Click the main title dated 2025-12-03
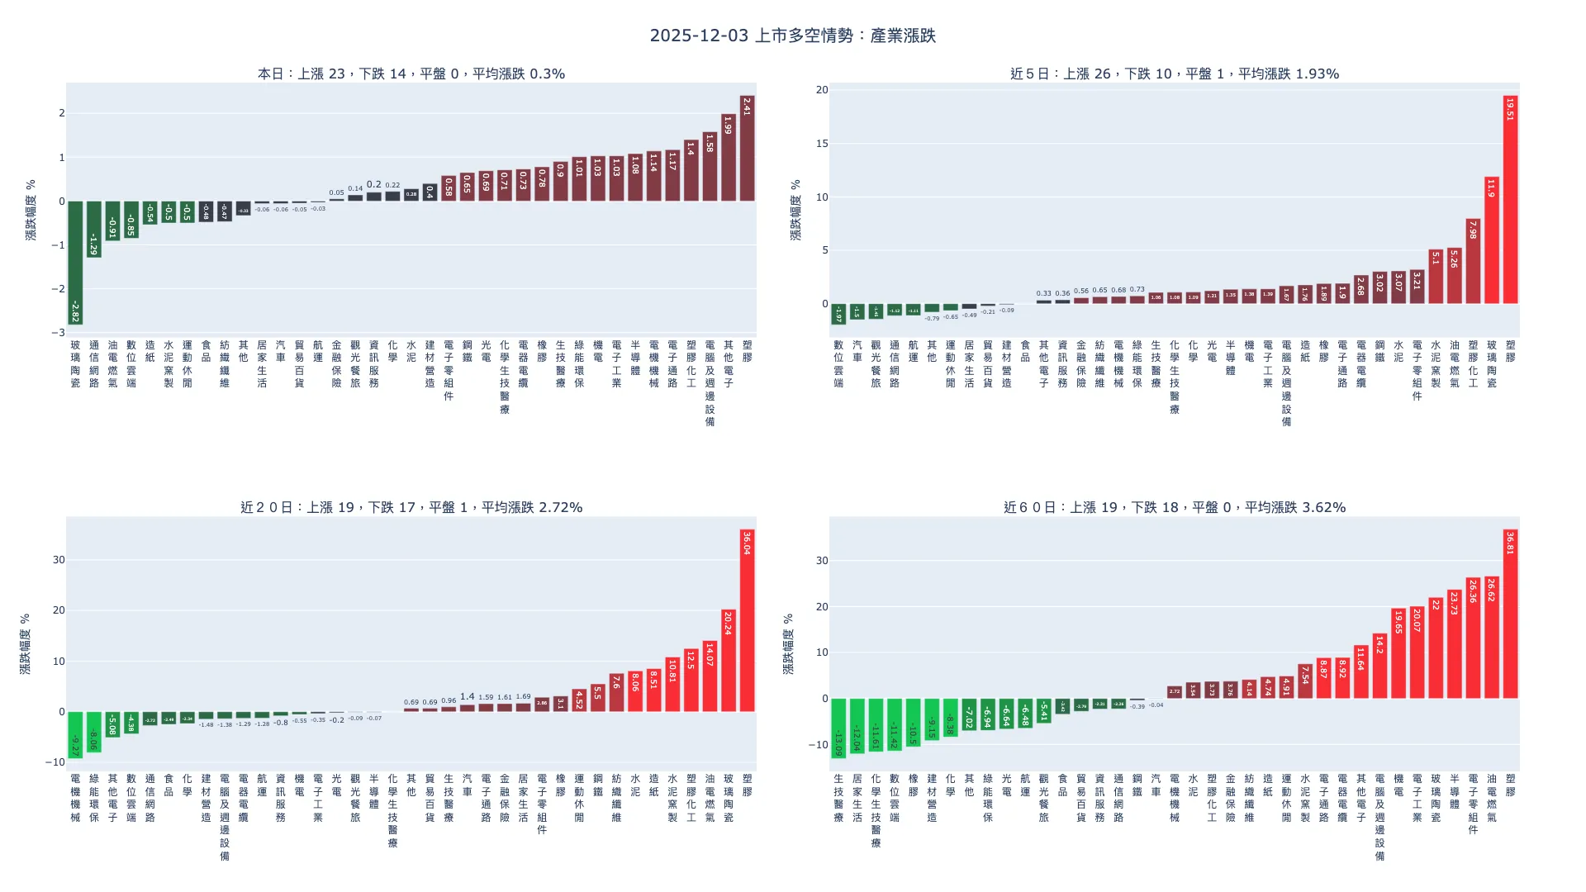[792, 36]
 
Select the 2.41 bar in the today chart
[747, 149]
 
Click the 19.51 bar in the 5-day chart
[1510, 200]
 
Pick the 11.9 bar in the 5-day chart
[1491, 240]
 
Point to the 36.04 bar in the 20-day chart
[747, 620]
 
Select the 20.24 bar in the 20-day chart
[728, 661]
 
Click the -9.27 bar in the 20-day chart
[75, 735]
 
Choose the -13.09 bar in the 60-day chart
[838, 728]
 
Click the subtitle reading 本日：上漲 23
[411, 74]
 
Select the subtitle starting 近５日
[1174, 74]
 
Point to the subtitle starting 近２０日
[411, 507]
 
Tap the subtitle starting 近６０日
[1174, 507]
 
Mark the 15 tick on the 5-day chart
[821, 144]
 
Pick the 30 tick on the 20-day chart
[58, 560]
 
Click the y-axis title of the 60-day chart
[788, 644]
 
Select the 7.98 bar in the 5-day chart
[1473, 262]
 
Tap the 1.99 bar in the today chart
[728, 158]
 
